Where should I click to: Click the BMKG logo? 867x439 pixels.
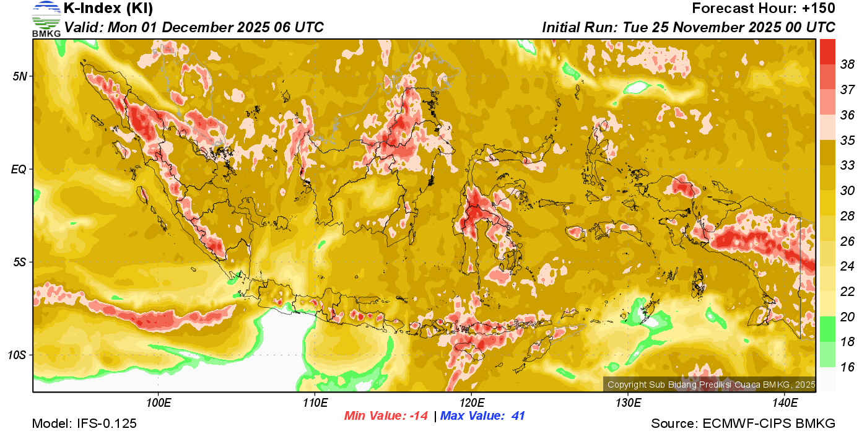click(46, 19)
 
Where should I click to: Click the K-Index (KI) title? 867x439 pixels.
click(108, 9)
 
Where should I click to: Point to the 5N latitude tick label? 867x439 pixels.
click(19, 76)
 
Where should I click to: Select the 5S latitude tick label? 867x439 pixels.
click(19, 262)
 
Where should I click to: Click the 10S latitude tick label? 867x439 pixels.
click(17, 355)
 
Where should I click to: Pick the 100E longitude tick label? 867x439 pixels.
click(159, 402)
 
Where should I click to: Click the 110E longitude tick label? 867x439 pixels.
click(315, 402)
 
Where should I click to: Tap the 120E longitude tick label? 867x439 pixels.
click(471, 402)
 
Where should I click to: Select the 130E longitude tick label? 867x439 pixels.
click(628, 402)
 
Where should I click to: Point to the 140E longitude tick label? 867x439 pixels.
click(785, 402)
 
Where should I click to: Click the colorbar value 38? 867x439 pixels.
click(847, 64)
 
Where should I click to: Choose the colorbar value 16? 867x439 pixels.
click(847, 367)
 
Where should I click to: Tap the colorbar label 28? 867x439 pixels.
click(847, 216)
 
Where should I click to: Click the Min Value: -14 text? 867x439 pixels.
click(386, 416)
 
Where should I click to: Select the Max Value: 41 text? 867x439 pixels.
click(482, 416)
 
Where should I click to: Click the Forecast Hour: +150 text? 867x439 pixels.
click(764, 9)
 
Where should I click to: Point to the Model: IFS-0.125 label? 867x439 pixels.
click(84, 424)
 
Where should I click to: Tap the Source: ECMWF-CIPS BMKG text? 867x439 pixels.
click(743, 424)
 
